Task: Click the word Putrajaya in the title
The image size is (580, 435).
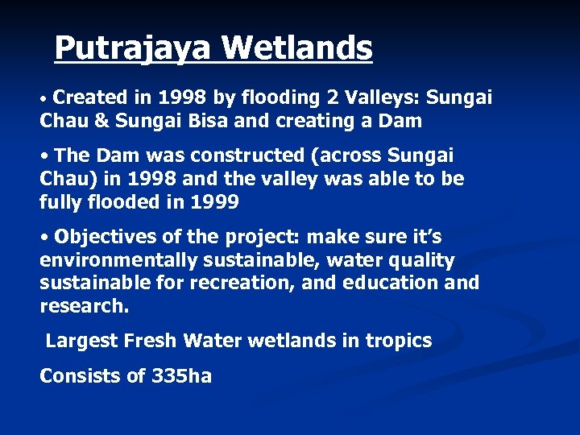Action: click(x=133, y=48)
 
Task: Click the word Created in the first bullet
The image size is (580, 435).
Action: click(x=91, y=98)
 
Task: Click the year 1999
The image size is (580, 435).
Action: click(x=214, y=202)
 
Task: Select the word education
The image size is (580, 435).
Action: click(x=390, y=284)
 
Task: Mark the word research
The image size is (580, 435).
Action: click(x=84, y=307)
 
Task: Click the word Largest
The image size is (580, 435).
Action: click(x=81, y=341)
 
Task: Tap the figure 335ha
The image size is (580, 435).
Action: click(x=181, y=376)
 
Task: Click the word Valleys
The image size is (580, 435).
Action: click(x=382, y=98)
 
